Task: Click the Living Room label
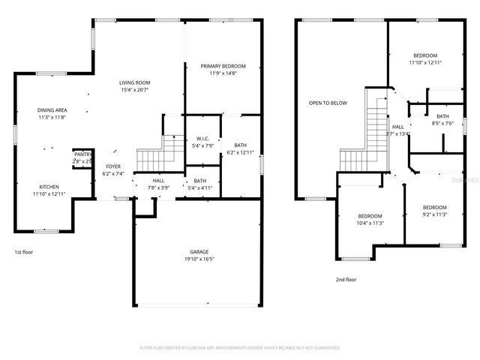point(136,82)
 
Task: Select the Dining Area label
point(52,110)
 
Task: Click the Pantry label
point(82,154)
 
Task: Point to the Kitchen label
point(49,187)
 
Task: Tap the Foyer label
point(112,166)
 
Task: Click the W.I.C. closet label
point(202,138)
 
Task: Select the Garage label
point(199,251)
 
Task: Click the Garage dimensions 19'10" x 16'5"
point(199,259)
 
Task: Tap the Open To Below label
point(328,103)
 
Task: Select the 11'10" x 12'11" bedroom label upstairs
point(425,55)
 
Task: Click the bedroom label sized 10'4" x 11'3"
point(370,215)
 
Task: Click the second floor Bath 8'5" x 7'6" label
point(442,116)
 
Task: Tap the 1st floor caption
point(23,252)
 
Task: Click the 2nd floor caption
point(346,279)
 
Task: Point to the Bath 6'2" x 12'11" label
point(240,145)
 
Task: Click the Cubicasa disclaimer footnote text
point(240,348)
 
